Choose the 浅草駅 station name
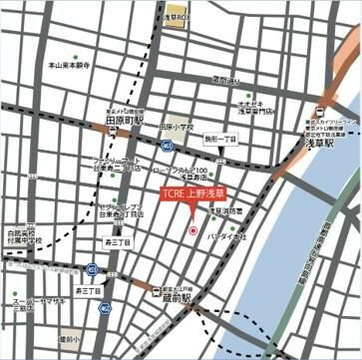click(x=322, y=143)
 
